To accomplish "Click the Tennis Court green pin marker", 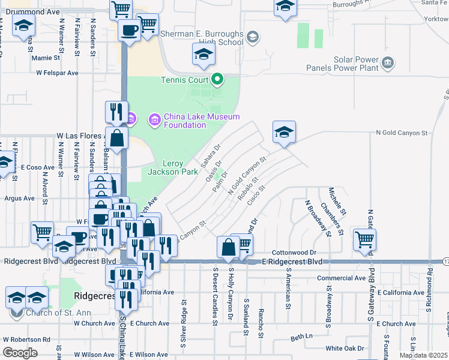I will [x=217, y=80].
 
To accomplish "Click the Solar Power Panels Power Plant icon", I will [x=387, y=61].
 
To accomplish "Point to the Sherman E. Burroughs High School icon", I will [x=253, y=38].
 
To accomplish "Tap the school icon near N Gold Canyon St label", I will [x=284, y=132].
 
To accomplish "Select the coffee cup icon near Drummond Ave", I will [x=129, y=29].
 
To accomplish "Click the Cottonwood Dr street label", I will [x=294, y=253].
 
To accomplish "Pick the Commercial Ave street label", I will [x=341, y=278].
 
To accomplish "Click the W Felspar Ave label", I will [x=57, y=73].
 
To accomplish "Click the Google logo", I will [x=20, y=353].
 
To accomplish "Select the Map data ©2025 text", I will [x=423, y=355].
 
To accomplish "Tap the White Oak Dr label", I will [x=345, y=348].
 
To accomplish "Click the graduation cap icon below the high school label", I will [x=203, y=55].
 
